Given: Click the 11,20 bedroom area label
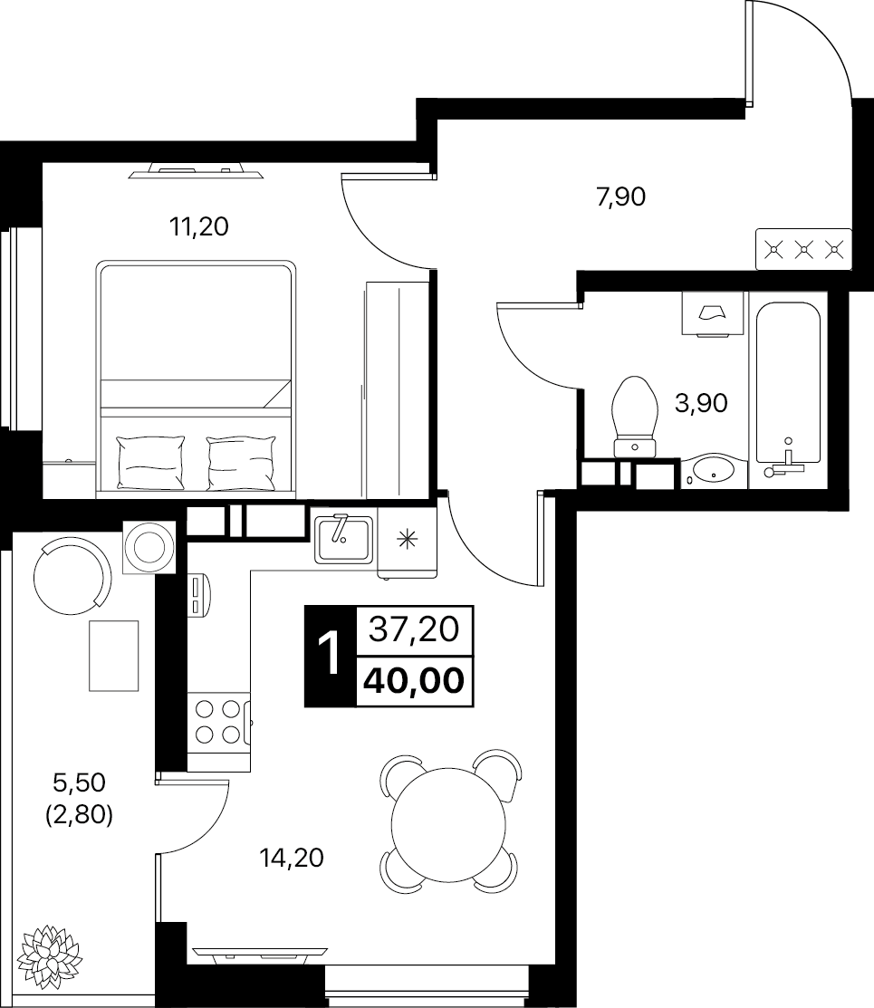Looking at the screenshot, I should click(198, 227).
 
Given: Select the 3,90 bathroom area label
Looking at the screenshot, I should click(702, 403).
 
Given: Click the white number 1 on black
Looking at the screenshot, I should click(328, 654).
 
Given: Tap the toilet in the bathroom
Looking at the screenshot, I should click(635, 412).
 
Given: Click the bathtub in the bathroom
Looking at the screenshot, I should click(787, 389).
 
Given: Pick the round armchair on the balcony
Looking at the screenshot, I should click(72, 571).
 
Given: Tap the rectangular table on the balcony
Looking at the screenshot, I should click(113, 655).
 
